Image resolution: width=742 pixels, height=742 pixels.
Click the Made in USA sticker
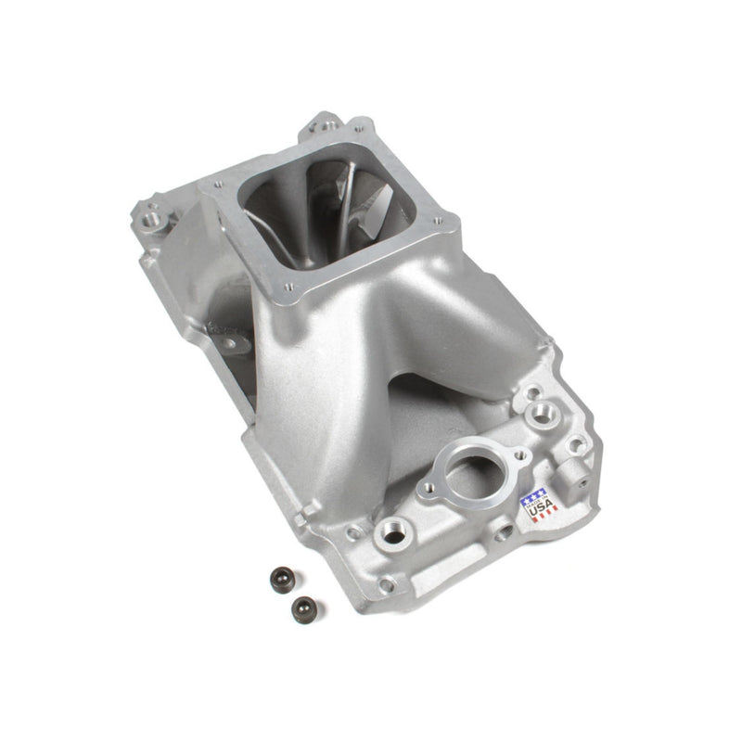539,504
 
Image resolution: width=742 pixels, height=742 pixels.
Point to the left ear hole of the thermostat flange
429,488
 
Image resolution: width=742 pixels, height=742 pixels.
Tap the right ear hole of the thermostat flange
517,455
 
